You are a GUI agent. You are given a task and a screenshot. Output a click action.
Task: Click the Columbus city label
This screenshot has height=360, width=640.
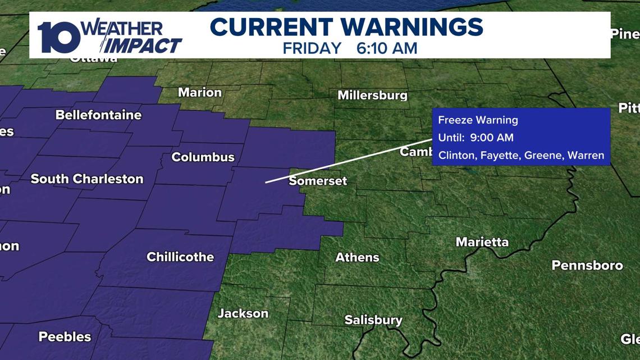coord(203,157)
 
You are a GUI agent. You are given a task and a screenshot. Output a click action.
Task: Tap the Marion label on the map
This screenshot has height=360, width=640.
coord(200,92)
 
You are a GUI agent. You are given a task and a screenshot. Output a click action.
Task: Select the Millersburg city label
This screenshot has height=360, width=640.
coord(372,95)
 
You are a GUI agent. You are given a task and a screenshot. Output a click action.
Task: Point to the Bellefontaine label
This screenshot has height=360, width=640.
coord(98,115)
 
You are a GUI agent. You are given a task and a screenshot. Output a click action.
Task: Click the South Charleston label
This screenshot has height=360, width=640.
coord(87,179)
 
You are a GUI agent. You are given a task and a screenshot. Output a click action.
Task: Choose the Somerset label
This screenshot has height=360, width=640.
coord(318,181)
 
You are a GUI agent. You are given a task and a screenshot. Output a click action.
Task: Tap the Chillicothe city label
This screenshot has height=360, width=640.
coord(180,257)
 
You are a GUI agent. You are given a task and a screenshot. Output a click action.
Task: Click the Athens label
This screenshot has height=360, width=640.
coord(357,257)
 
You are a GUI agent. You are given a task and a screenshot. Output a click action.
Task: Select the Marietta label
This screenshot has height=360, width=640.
coord(482,242)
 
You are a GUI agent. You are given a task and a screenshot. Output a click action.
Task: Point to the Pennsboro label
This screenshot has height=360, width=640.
coord(587,265)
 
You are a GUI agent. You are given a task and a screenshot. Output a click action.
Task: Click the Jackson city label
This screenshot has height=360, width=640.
coord(243,313)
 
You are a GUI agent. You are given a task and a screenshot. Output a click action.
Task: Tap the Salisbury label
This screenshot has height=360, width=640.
coord(373,320)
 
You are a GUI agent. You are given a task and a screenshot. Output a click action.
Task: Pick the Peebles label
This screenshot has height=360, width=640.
coord(65,337)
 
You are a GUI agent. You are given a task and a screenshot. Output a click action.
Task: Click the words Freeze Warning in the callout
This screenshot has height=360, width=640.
coord(478,120)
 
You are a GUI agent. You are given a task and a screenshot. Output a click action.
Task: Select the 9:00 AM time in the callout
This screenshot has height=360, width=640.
coord(492,138)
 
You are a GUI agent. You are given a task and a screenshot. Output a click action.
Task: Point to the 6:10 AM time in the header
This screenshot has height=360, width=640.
coord(387,48)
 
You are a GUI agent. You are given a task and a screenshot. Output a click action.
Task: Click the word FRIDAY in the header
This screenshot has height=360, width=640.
coord(312,48)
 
